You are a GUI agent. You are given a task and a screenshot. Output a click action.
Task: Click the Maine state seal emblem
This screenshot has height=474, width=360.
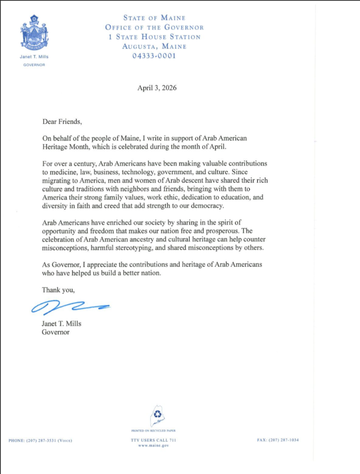[x=34, y=34]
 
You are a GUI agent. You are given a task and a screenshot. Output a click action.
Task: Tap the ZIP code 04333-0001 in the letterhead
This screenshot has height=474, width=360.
[x=154, y=56]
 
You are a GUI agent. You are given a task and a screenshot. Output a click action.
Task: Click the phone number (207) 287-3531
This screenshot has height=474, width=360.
[x=40, y=440]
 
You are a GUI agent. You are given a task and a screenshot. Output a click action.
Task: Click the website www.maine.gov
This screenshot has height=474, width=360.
[x=154, y=445]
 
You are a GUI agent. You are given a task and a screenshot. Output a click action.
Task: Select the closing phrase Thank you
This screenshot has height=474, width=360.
[x=58, y=290]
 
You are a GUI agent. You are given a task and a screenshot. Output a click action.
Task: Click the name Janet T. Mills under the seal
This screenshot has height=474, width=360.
[x=34, y=57]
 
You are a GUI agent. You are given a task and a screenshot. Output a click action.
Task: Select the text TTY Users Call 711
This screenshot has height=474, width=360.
[x=154, y=440]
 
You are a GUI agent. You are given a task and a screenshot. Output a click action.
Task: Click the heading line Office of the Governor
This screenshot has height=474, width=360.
[x=154, y=27]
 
